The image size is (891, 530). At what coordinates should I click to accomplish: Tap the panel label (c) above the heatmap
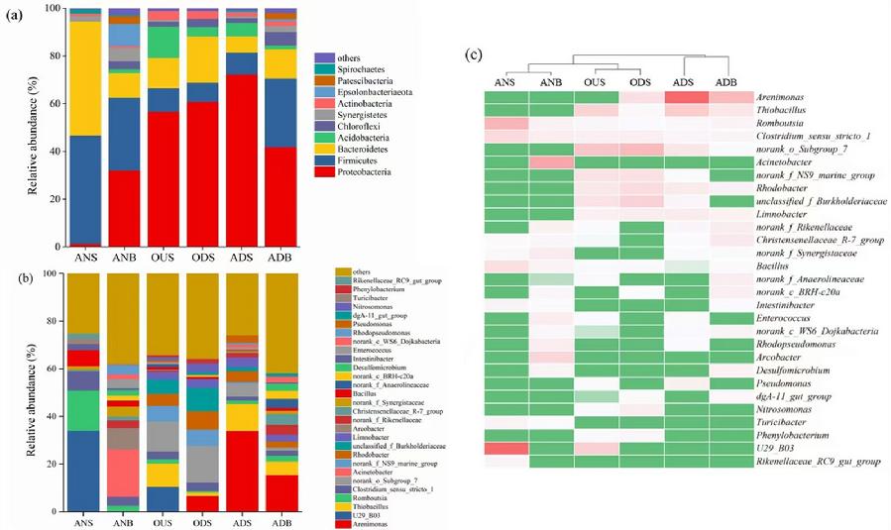pos(473,55)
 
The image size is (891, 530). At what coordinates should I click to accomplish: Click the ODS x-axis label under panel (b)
pos(203,522)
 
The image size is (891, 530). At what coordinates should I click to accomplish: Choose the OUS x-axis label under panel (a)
pos(163,257)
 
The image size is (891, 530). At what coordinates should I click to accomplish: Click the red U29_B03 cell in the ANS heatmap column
pos(506,448)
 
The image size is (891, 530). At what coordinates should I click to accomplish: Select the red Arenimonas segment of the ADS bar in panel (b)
pos(243,471)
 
